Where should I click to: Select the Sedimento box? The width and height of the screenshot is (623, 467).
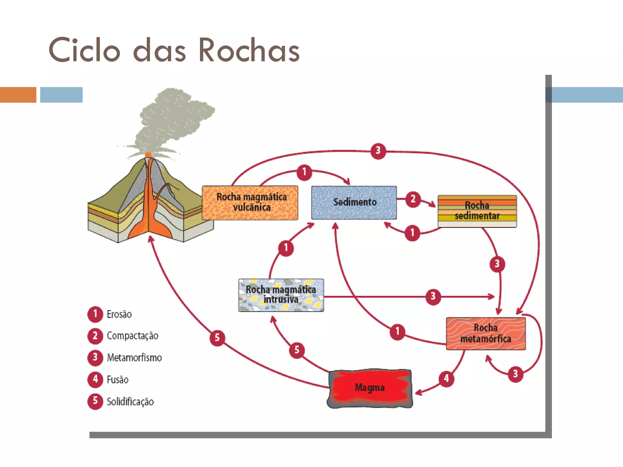(354, 202)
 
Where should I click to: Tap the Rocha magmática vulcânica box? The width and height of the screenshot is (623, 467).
(250, 202)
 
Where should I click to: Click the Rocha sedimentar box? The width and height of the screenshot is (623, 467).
(477, 211)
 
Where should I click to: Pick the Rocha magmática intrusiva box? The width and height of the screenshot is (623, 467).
(281, 295)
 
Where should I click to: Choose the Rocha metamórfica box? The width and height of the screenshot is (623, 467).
(486, 334)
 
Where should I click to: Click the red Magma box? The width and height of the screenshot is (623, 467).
(370, 388)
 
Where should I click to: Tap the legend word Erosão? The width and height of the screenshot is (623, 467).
(119, 314)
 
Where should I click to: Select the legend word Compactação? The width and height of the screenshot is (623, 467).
(132, 336)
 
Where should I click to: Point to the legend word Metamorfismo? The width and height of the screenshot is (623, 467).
(134, 358)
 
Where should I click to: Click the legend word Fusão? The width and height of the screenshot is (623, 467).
(117, 380)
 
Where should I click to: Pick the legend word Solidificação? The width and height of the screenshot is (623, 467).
(130, 402)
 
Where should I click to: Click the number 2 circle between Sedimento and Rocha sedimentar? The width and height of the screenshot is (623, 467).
(413, 199)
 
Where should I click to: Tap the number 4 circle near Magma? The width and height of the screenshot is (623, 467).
(446, 379)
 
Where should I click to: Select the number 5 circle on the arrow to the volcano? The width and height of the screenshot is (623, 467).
(217, 338)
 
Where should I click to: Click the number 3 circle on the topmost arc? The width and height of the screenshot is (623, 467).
(378, 150)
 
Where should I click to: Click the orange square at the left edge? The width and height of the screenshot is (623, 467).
(18, 95)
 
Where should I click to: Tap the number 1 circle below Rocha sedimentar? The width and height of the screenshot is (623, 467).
(412, 233)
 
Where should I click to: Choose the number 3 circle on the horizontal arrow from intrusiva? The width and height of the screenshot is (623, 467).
(433, 296)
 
